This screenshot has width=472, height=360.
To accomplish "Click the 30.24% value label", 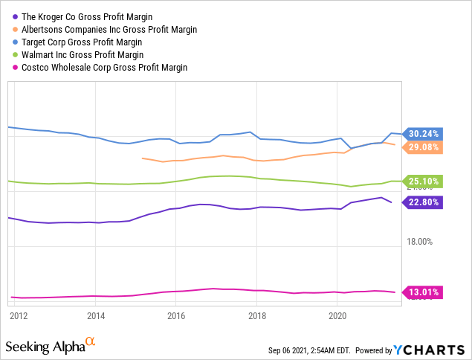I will pos(423,134).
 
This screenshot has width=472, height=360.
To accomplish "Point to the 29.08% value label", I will pos(423,147).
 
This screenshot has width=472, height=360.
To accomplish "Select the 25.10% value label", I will pos(423,181).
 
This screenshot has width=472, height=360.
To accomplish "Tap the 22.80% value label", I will pos(423,202).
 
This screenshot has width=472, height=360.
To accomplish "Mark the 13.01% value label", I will pos(423,292).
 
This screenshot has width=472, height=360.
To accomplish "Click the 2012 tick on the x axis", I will pos(19,315).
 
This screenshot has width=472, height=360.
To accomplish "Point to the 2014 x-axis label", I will pos(96,315).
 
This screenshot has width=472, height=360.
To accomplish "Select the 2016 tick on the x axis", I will pos(176,315).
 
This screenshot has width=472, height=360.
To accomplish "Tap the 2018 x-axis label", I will pos(256,315).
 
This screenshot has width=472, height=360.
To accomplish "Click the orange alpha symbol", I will pos(90,341).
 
